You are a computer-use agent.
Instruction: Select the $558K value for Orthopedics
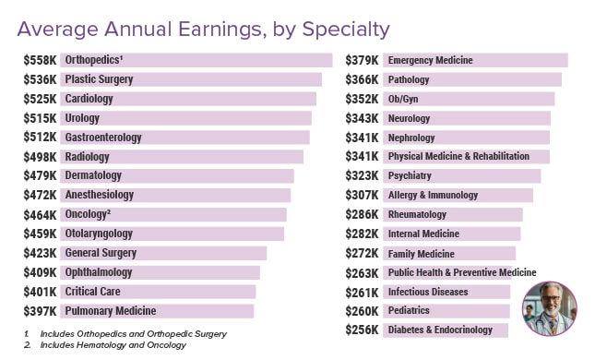[x=40, y=60]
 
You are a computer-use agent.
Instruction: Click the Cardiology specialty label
[x=89, y=99]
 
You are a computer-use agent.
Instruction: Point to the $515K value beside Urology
[x=40, y=118]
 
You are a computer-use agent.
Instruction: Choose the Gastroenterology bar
[x=184, y=138]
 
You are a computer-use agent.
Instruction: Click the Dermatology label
[x=93, y=175]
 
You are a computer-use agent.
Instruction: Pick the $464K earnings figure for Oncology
[x=40, y=214]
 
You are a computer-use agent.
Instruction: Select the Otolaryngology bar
[x=173, y=234]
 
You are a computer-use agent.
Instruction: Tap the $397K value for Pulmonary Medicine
[x=40, y=311]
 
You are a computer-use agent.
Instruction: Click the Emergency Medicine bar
[x=474, y=60]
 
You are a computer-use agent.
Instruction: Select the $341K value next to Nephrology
[x=362, y=138]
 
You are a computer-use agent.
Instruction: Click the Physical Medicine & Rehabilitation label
[x=458, y=157]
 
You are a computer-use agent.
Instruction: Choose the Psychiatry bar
[x=461, y=175]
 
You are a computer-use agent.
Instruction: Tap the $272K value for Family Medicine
[x=362, y=254]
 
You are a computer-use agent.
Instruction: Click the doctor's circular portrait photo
[x=549, y=308]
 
